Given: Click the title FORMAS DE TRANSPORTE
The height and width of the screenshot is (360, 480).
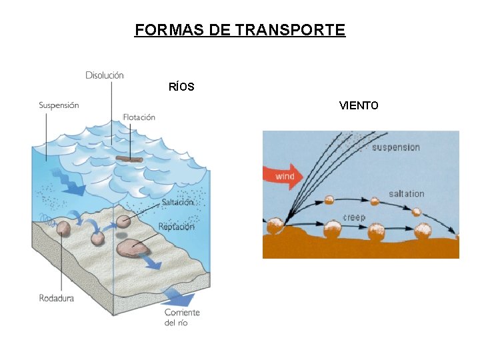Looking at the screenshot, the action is pos(240,30).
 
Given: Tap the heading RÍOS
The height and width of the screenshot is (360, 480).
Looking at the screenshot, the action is pos(181,87).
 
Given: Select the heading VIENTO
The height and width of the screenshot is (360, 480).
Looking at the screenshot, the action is pos(359,105).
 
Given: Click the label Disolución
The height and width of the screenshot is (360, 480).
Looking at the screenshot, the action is pos(105,75).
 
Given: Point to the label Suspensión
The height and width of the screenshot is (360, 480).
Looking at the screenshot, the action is pos(59,105).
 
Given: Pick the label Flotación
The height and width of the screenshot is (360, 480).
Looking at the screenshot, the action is pos(139,117).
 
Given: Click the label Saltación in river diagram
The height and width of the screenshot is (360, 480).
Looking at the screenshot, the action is pos(177,202).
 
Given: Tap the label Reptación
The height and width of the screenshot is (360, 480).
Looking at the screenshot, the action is pos(176,227).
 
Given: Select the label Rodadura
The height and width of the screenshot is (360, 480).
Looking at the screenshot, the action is pos(56,298).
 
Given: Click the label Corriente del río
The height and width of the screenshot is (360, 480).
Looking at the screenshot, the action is pos(181,317).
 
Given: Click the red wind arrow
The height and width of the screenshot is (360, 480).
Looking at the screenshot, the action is pos(284,176).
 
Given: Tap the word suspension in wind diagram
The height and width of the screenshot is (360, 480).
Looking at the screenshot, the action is pos(395,147).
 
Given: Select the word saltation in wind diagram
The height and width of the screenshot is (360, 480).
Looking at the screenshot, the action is pos(406,193).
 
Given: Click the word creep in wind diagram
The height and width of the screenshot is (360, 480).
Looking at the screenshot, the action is pos(354,217).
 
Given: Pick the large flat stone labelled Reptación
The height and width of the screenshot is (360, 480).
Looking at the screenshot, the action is pos(133,247).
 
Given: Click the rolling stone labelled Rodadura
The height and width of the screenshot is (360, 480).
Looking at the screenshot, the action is pos(63,229).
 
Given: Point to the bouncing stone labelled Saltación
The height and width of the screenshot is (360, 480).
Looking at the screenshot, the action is pos(123,222).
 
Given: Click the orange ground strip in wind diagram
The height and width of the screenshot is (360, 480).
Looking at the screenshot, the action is pos(360,248).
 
